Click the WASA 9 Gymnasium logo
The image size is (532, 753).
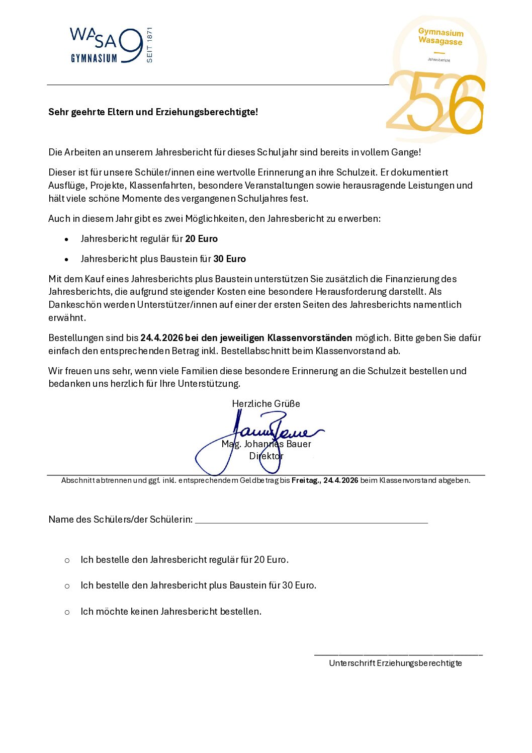pyautogui.click(x=106, y=46)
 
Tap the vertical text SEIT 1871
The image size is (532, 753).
pyautogui.click(x=149, y=45)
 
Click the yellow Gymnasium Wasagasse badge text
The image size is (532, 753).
pyautogui.click(x=440, y=37)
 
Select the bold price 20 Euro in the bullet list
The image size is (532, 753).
pyautogui.click(x=201, y=239)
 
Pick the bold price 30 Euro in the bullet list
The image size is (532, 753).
pyautogui.click(x=229, y=259)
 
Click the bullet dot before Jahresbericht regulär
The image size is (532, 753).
pyautogui.click(x=66, y=239)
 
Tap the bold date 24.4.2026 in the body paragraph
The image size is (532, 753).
pyautogui.click(x=162, y=338)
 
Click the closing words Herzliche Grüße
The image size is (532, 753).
pyautogui.click(x=266, y=404)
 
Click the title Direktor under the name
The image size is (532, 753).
pyautogui.click(x=266, y=456)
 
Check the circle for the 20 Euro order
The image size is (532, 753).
pyautogui.click(x=67, y=560)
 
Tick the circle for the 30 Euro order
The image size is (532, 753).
pyautogui.click(x=67, y=586)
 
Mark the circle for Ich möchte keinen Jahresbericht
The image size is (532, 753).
pyautogui.click(x=67, y=612)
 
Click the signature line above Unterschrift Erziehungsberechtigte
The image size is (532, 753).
pyautogui.click(x=398, y=654)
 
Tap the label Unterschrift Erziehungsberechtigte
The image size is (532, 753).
pyautogui.click(x=395, y=663)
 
